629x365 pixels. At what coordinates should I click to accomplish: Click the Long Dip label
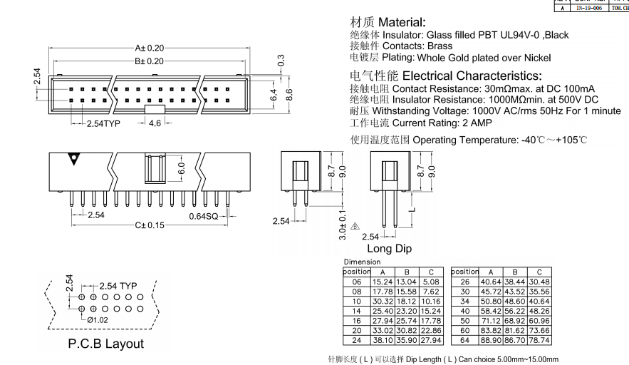tap(389, 249)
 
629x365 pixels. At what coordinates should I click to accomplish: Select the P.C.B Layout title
tap(105, 344)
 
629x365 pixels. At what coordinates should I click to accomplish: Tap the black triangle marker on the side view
tap(73, 159)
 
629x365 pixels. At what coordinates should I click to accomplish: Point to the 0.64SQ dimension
tap(204, 216)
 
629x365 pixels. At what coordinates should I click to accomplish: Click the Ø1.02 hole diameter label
tap(98, 320)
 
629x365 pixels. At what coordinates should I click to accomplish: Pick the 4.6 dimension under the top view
tap(155, 123)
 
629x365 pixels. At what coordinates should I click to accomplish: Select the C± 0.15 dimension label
tap(150, 225)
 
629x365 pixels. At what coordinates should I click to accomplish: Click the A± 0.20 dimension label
tap(150, 48)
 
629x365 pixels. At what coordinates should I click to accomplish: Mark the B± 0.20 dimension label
tap(150, 61)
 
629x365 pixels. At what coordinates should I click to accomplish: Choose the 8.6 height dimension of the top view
tap(289, 94)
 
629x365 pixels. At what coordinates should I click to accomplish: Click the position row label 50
tap(464, 321)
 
